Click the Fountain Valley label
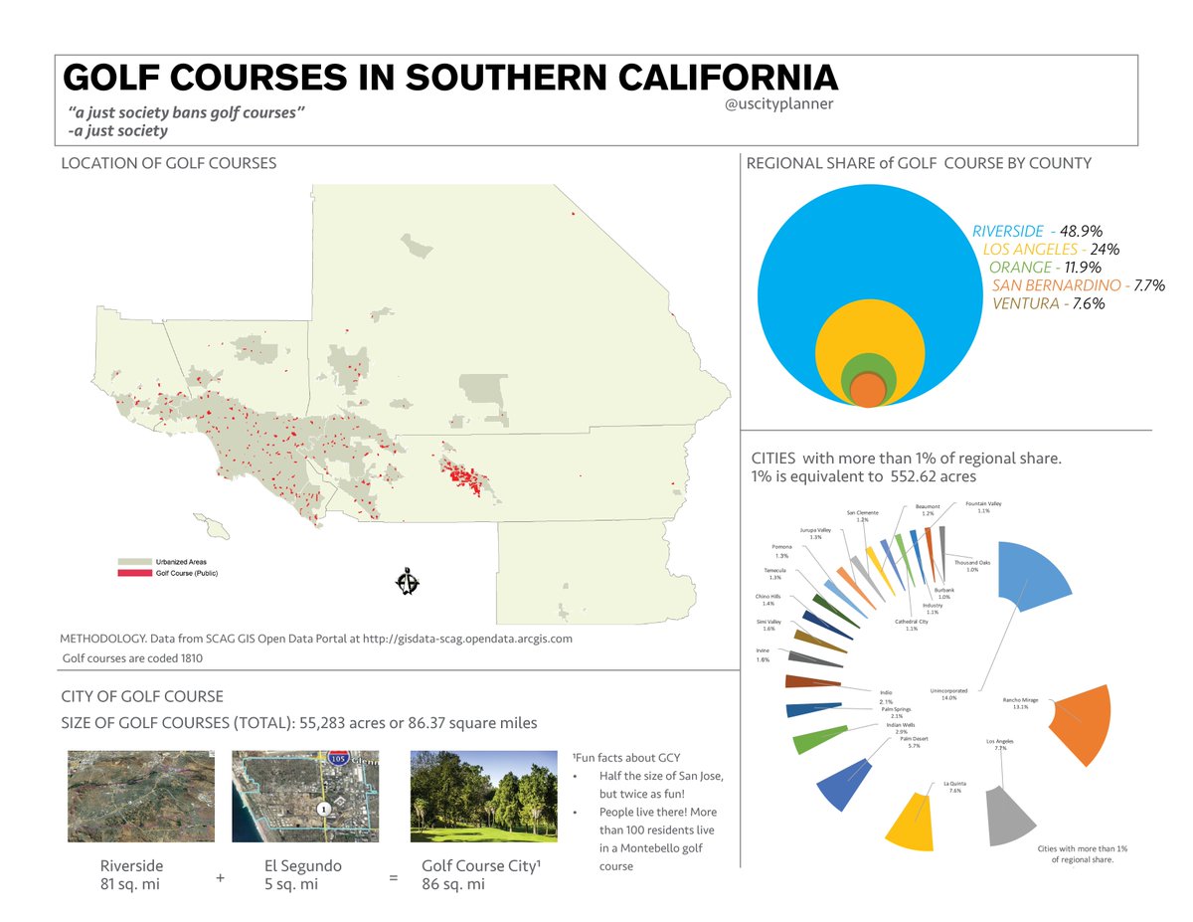982,506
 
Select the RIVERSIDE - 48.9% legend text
1037,231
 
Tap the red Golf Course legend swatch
132,573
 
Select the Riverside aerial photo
140,796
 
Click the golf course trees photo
483,796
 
